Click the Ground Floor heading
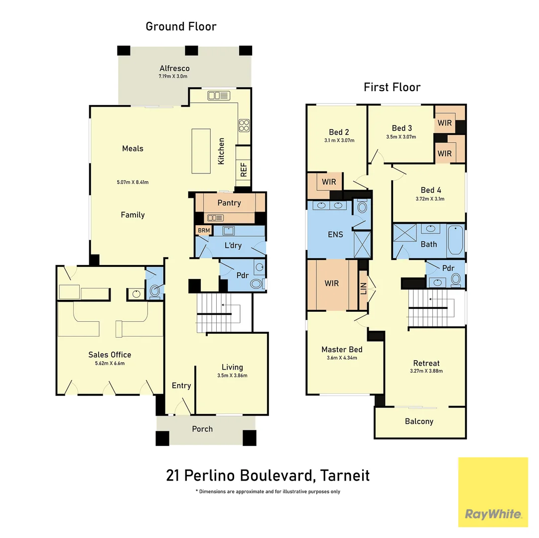click(x=181, y=26)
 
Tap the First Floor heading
click(x=392, y=87)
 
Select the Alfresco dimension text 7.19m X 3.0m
click(x=174, y=77)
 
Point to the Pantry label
click(x=229, y=203)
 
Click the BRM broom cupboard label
click(x=204, y=230)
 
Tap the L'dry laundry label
click(x=233, y=246)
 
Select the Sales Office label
click(x=110, y=355)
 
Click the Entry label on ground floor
click(x=181, y=386)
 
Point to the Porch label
click(x=202, y=429)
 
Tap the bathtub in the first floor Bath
click(x=455, y=240)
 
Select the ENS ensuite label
click(x=335, y=234)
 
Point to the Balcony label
click(x=419, y=421)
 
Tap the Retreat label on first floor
click(x=426, y=363)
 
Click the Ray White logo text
click(x=493, y=514)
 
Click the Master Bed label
click(x=342, y=350)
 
